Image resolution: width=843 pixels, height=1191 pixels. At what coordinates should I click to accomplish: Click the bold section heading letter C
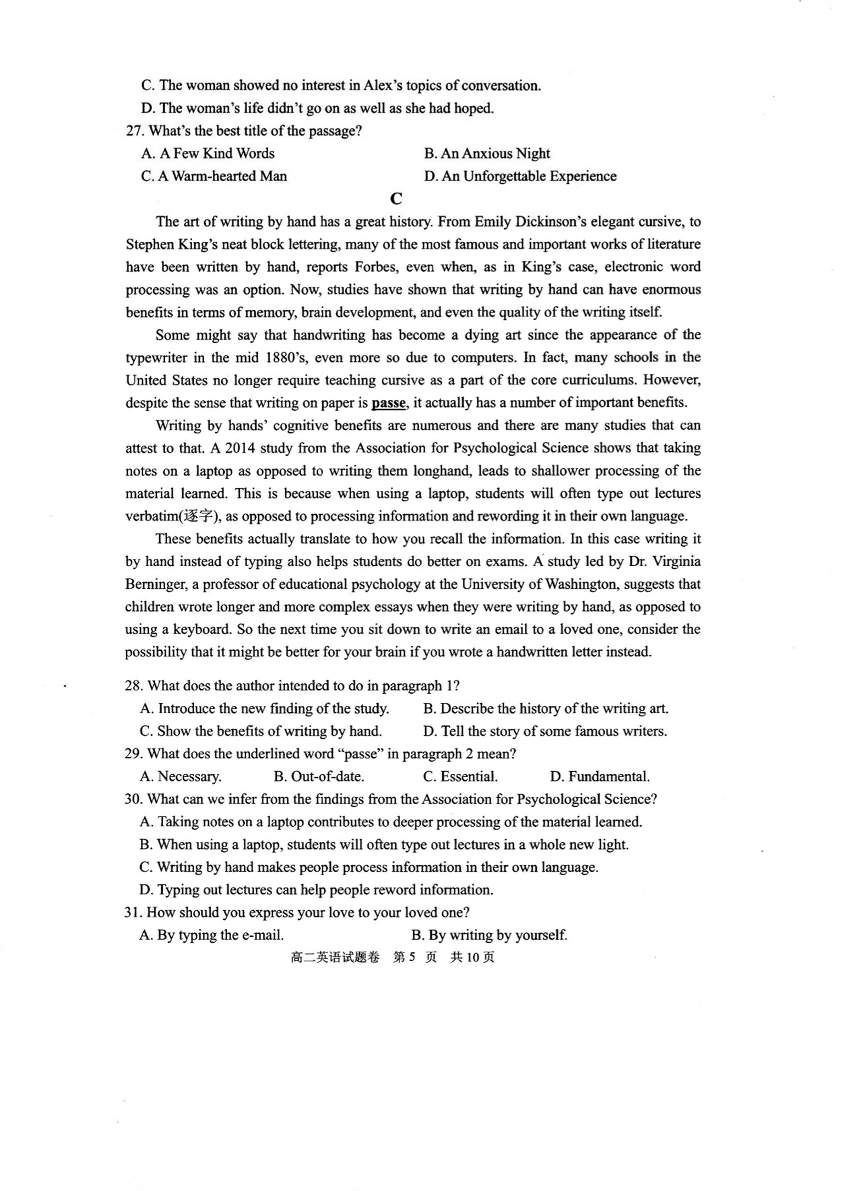coord(396,198)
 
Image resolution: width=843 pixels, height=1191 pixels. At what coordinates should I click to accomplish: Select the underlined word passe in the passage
coord(388,403)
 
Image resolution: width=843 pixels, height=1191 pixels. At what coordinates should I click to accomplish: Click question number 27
coord(135,131)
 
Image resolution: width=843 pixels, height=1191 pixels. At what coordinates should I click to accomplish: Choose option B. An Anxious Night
coord(486,154)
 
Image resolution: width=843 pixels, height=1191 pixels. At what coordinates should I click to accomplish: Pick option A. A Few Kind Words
coord(207,154)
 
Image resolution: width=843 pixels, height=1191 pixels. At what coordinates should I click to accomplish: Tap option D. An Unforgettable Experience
coord(520,176)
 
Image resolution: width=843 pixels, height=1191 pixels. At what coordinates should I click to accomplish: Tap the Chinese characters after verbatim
coord(197,516)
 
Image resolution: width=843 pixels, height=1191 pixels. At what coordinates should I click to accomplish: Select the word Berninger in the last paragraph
coord(155,584)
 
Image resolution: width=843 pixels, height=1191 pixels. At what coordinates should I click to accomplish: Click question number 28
coord(134,686)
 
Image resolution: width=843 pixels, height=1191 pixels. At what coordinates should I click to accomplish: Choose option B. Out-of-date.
coord(318,776)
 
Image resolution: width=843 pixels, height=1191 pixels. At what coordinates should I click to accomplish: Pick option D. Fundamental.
coord(599,776)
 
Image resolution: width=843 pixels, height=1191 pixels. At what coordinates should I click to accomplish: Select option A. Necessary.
coord(180,776)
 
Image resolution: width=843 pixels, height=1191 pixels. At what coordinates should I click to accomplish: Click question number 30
coord(134,799)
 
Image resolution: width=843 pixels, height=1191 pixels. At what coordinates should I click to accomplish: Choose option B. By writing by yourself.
coord(488,935)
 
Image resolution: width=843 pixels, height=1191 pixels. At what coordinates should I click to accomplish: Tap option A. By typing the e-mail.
coord(211,935)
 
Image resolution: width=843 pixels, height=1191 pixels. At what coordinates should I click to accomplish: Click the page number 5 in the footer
coord(412,957)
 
